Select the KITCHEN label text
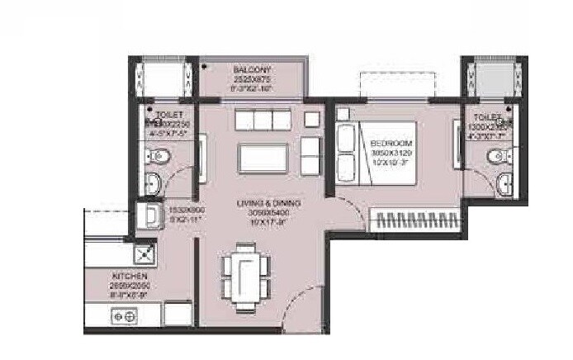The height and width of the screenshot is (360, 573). point(130,275)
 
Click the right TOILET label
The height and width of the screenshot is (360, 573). point(485,119)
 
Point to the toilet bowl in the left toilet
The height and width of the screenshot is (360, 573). point(159,155)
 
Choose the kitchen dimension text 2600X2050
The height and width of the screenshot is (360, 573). point(130,283)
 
